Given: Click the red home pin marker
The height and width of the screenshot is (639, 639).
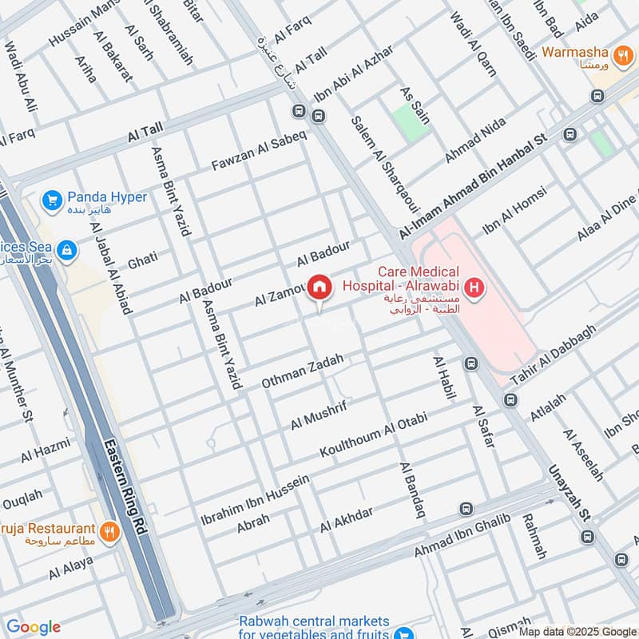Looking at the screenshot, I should pyautogui.click(x=319, y=288).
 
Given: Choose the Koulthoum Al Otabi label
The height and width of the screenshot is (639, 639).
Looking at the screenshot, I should pyautogui.click(x=374, y=435).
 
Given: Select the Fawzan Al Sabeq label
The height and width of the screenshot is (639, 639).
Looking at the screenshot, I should pyautogui.click(x=258, y=149).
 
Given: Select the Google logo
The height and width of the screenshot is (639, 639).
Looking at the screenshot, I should pyautogui.click(x=34, y=627).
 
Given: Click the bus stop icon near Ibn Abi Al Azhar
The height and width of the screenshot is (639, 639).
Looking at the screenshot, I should pyautogui.click(x=319, y=117).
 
